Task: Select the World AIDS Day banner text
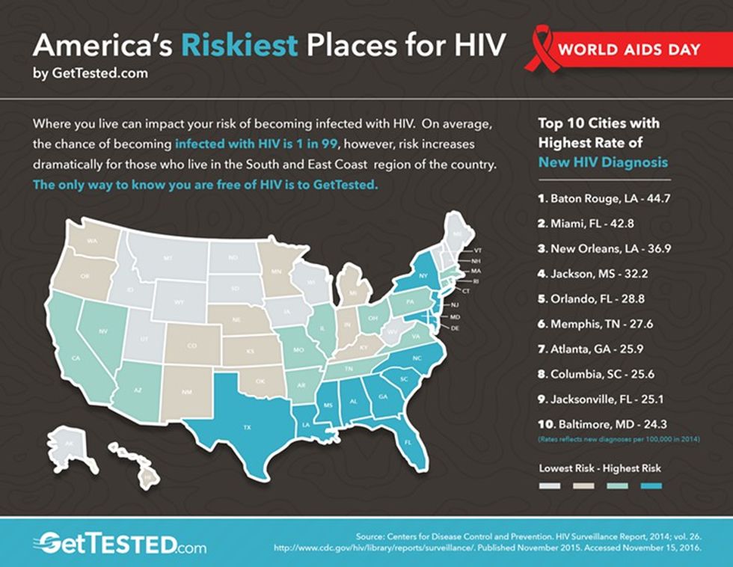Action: (631, 51)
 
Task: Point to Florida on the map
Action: (408, 441)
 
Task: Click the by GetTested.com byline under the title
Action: (90, 73)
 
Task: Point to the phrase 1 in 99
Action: (310, 142)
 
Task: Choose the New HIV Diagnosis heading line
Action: (603, 162)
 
